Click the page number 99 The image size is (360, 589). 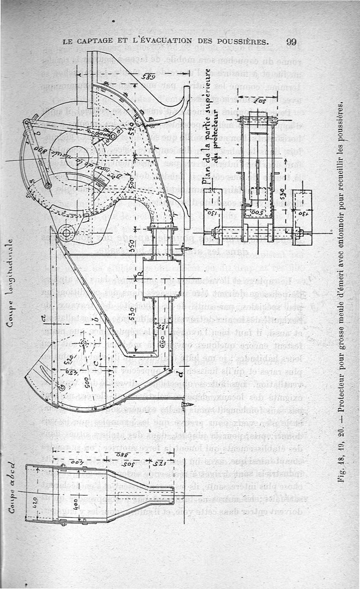[291, 42]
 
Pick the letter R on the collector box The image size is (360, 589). [141, 272]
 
